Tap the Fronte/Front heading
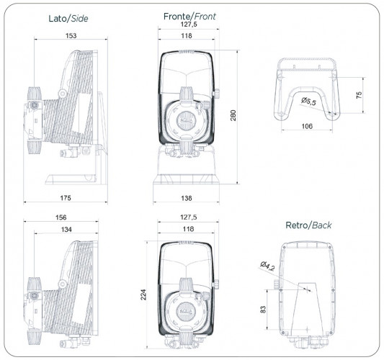188,15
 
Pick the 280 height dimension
233,114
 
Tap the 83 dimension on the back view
264,308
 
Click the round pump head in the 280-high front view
188,120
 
